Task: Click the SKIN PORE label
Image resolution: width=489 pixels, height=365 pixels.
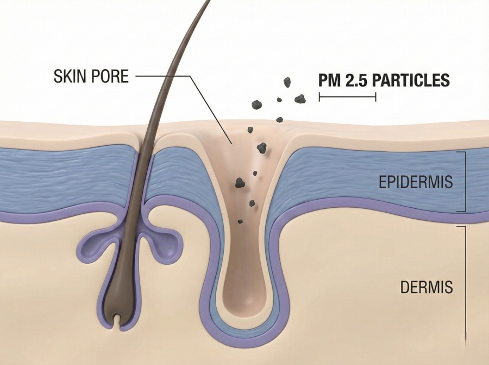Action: click(91, 76)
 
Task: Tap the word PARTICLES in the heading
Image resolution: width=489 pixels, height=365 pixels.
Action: click(411, 81)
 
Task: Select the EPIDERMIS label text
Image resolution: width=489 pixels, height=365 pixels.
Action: click(415, 182)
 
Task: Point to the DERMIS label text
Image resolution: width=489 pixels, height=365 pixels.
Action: click(427, 287)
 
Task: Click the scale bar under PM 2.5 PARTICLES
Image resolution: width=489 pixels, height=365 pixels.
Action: click(347, 97)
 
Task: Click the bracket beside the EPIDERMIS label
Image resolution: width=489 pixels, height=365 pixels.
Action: click(465, 181)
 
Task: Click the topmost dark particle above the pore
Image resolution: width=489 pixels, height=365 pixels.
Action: click(287, 82)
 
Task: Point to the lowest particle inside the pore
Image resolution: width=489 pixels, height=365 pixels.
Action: click(240, 221)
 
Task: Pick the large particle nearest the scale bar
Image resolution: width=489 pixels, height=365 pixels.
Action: click(299, 98)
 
